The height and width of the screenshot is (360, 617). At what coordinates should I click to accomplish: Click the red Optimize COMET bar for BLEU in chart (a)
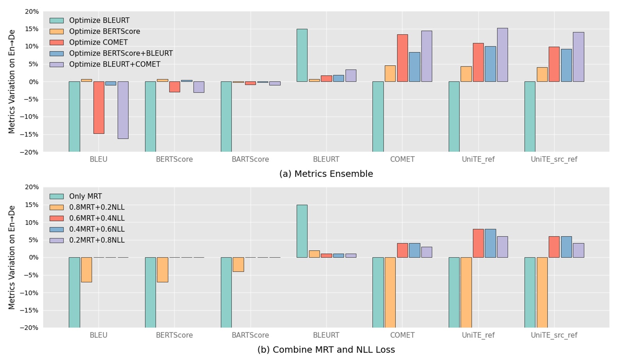point(99,107)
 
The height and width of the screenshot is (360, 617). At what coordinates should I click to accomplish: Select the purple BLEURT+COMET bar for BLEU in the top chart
point(123,110)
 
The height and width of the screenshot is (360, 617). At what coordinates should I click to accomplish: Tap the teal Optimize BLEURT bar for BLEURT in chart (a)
point(302,55)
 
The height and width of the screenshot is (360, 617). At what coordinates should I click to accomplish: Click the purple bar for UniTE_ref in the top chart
point(502,55)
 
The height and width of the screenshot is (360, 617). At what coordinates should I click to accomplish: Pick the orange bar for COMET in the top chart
point(390,73)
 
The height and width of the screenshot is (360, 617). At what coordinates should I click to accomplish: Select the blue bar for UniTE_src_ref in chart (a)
point(566,65)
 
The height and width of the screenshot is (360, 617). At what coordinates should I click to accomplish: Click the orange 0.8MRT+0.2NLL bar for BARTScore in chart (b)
point(238,264)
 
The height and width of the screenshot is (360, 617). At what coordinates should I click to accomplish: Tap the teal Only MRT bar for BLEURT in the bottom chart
point(302,231)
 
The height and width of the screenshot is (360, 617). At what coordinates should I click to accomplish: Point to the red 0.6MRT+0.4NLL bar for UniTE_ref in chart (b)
point(478,243)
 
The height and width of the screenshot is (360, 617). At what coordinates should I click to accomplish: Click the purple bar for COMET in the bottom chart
point(426,252)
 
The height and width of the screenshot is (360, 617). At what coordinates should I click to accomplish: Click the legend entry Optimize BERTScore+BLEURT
point(121,53)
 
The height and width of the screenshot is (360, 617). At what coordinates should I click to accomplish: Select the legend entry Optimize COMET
point(98,43)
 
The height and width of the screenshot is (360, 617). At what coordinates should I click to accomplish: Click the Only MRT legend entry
point(85,196)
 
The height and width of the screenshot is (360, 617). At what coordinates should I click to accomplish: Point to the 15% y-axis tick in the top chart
point(31,29)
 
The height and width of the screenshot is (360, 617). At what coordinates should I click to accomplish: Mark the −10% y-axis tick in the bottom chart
point(30,293)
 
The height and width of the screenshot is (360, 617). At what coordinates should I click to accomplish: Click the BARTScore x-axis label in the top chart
point(250,159)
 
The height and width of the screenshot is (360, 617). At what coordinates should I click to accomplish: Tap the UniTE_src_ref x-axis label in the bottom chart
point(553,335)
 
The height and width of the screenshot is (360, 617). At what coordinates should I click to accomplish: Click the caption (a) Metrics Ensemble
point(326,174)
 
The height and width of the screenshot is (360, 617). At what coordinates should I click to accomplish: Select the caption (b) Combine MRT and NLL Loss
point(326,349)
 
